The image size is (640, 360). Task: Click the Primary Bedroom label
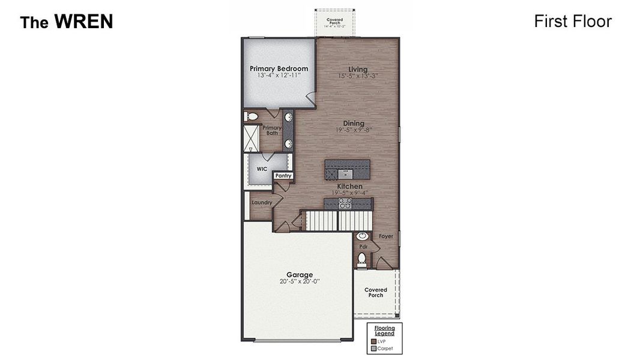point(279,68)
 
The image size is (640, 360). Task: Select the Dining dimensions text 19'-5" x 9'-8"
point(354,130)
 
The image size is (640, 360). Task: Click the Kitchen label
point(349,187)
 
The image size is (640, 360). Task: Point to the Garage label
point(299,275)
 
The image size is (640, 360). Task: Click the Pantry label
point(283,176)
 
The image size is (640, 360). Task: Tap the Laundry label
point(262,203)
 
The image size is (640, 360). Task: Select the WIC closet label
point(262,169)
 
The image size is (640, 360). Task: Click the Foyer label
point(386,236)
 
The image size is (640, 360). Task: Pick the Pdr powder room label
point(363,247)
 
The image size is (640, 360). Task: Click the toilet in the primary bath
point(252,116)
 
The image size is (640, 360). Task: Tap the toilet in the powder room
point(361,259)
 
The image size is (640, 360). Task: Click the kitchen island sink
point(346,174)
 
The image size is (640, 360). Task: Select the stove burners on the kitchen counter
point(345,204)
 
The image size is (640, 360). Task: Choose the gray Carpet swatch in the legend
point(373,348)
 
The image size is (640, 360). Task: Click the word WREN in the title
point(83,22)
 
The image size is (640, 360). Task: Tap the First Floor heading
point(573,22)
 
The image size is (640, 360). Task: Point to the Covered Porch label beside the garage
point(376,292)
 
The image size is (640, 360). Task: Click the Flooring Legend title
point(385,331)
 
